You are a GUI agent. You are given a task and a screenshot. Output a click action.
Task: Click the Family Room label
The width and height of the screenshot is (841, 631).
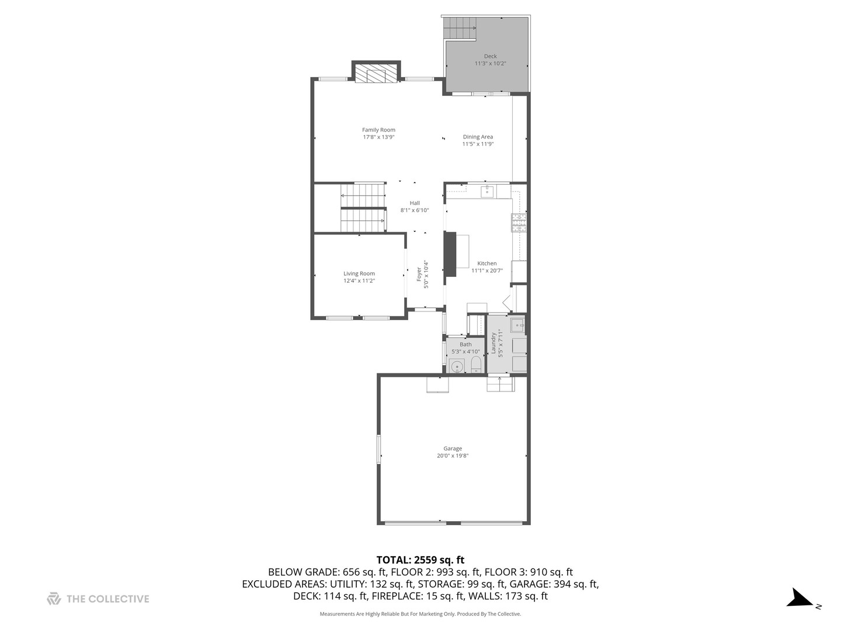(378, 130)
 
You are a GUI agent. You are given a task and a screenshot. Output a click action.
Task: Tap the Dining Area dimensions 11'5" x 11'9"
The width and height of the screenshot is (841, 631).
(478, 144)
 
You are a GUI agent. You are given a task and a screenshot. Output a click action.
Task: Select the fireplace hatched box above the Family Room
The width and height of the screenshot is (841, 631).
(376, 75)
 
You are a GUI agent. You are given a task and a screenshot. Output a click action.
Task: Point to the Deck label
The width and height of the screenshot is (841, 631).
(490, 57)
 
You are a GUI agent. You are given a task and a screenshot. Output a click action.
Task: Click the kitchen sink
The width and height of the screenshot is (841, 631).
(487, 191)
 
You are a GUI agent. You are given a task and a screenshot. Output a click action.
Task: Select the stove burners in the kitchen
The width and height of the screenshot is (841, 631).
(519, 223)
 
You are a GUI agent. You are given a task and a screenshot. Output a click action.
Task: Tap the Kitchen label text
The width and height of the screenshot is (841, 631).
(486, 264)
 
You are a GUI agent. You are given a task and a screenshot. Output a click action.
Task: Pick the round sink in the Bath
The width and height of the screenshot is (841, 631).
(457, 367)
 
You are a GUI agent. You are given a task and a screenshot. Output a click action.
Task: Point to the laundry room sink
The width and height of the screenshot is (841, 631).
(517, 325)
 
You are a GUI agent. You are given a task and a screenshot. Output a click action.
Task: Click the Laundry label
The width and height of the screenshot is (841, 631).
(494, 343)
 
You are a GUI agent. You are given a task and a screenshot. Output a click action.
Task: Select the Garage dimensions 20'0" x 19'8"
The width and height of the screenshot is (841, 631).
(453, 456)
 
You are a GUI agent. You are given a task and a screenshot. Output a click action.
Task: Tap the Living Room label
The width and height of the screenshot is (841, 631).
(359, 273)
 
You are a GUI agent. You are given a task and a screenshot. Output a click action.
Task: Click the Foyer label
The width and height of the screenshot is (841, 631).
(419, 274)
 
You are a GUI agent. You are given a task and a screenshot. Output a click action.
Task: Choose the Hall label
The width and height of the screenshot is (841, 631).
(415, 203)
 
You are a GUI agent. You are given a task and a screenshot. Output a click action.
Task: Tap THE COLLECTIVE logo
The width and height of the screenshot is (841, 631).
(98, 599)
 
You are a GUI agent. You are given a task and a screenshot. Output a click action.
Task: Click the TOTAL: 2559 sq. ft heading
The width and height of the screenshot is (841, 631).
(420, 560)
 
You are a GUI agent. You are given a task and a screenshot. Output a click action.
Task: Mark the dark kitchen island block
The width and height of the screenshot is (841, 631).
(450, 254)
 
